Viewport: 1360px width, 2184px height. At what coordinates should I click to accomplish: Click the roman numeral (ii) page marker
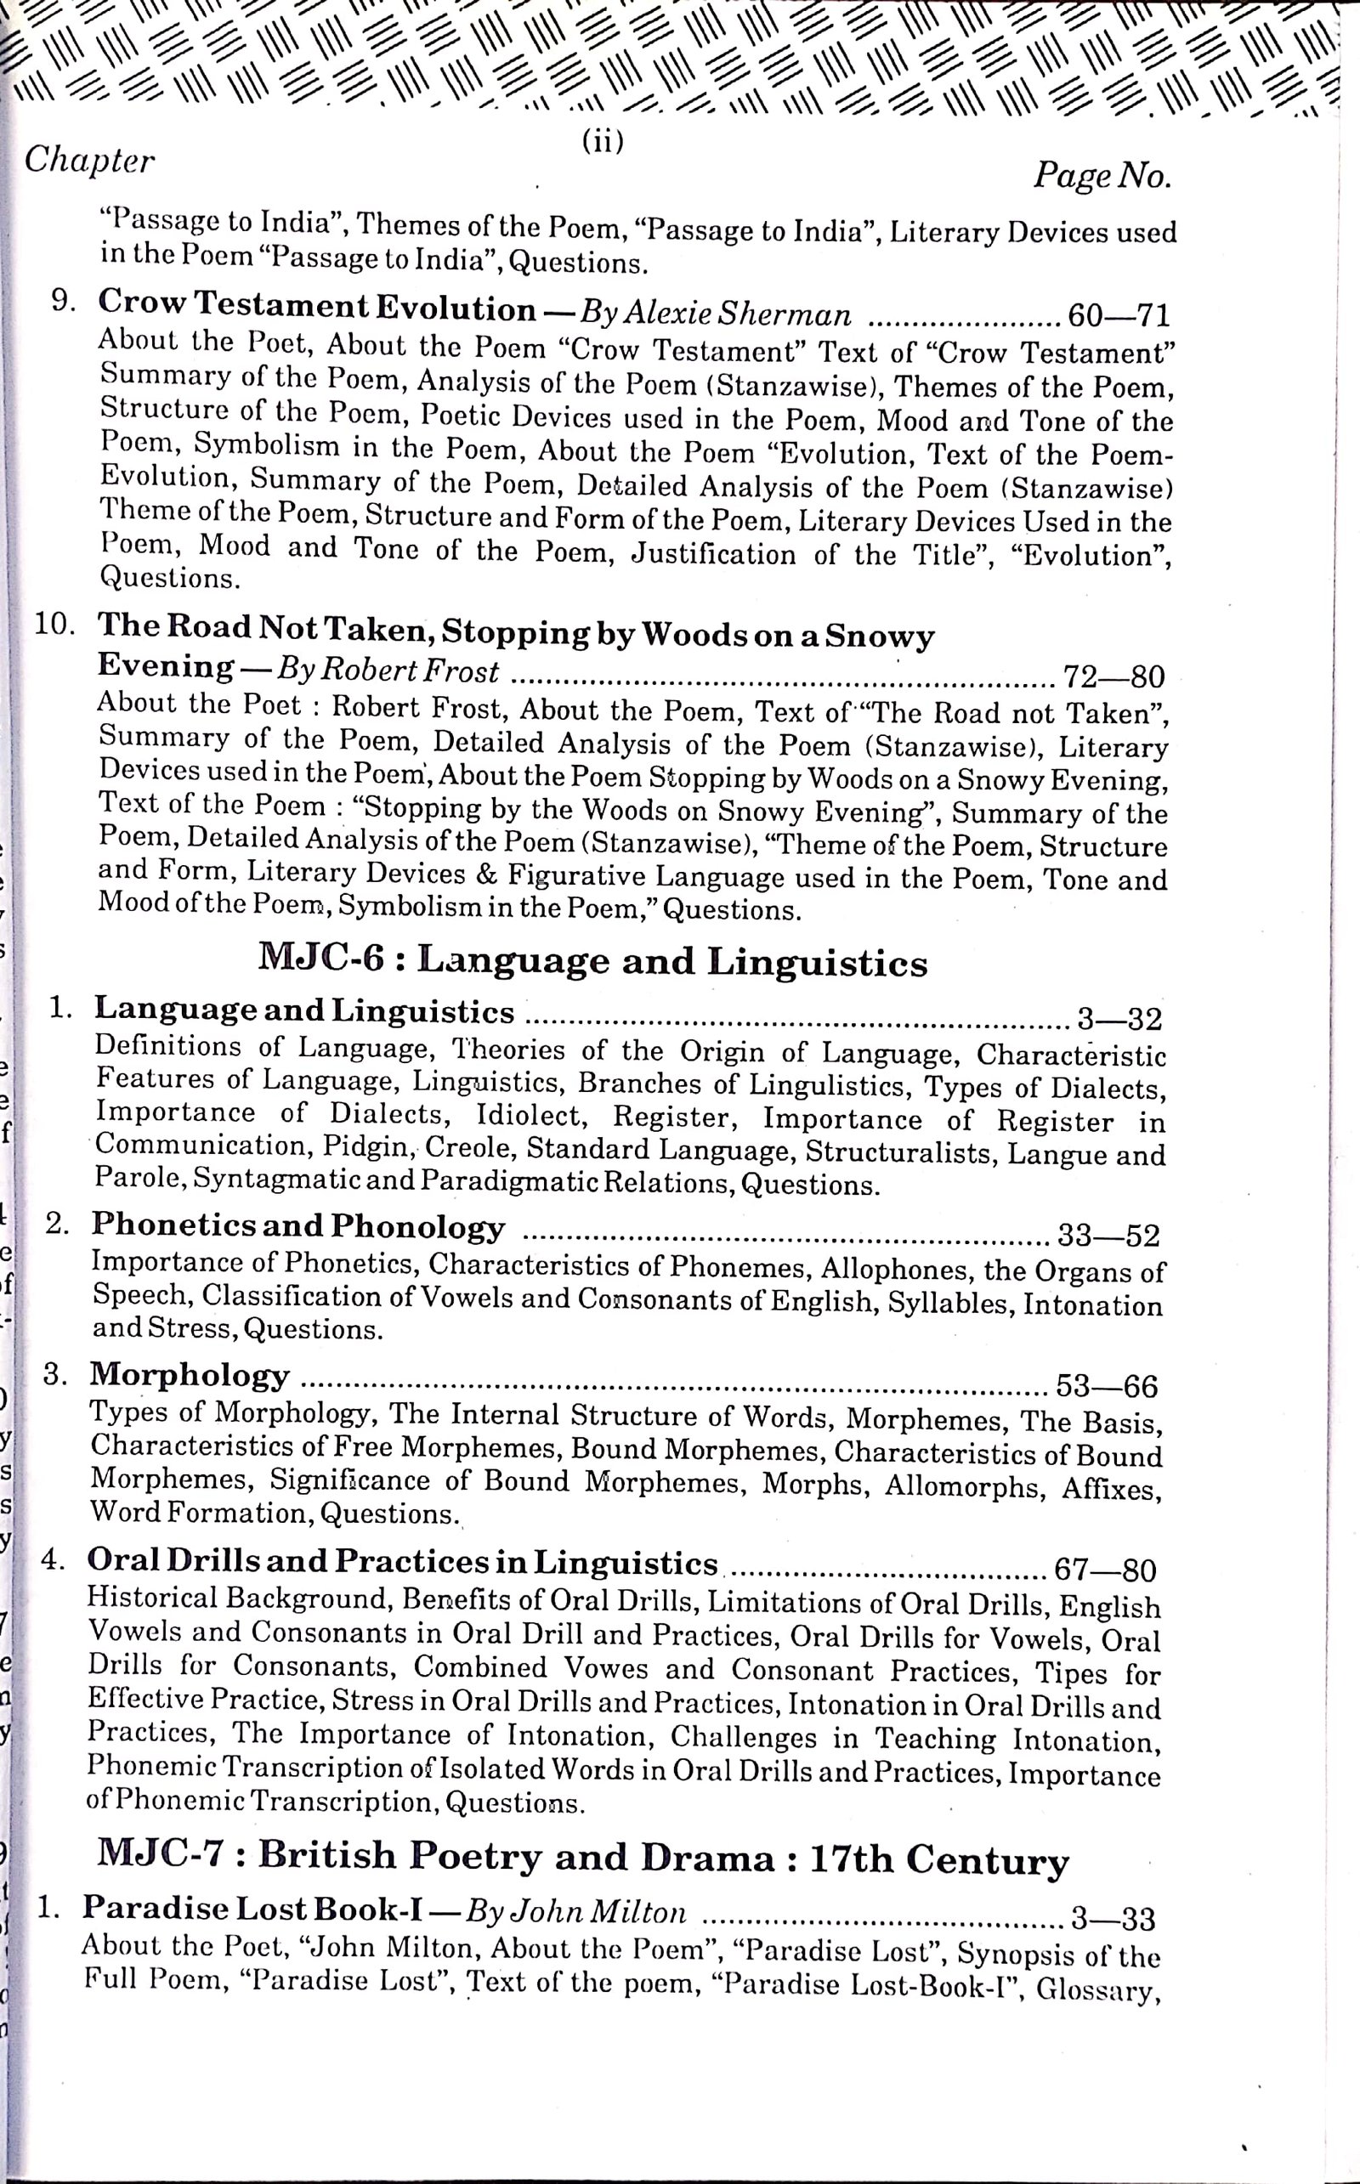click(x=602, y=142)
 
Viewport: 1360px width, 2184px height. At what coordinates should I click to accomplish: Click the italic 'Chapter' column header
click(x=89, y=161)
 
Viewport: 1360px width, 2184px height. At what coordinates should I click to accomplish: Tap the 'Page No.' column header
click(x=1102, y=174)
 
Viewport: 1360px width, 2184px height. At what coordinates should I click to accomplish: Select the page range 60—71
click(x=1117, y=315)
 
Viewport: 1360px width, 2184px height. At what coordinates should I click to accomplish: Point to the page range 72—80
click(x=1113, y=676)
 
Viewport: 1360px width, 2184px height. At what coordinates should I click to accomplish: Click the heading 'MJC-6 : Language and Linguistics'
click(x=592, y=962)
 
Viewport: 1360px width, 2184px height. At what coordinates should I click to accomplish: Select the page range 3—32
click(x=1119, y=1020)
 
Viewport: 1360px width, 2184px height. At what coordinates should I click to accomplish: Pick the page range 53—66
click(x=1107, y=1385)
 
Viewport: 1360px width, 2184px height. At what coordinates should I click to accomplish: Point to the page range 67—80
click(x=1104, y=1570)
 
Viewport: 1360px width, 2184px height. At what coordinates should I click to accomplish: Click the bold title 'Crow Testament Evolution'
click(x=316, y=307)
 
